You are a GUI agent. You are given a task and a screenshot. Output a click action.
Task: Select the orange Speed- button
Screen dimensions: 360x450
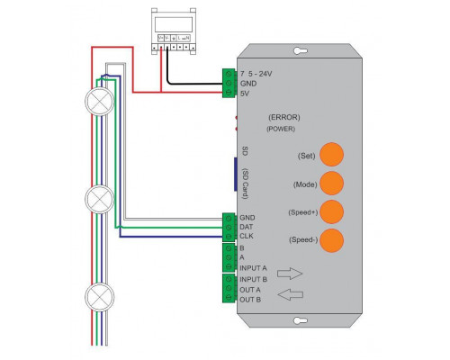pos(332,240)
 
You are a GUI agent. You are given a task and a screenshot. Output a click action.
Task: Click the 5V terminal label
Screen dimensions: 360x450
pos(245,93)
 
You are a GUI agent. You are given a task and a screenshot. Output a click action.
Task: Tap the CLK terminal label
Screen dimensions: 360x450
pos(247,237)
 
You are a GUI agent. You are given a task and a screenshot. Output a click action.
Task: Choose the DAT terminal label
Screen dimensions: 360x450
pos(247,227)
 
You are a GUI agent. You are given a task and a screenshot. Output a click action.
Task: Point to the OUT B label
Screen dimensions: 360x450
pos(250,299)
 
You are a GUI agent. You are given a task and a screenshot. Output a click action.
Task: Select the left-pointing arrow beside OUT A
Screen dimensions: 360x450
pos(289,293)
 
